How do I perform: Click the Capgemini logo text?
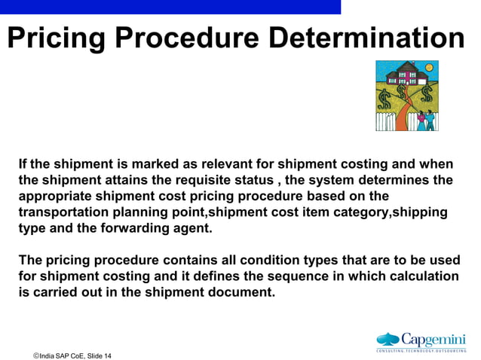pyautogui.click(x=433, y=339)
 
